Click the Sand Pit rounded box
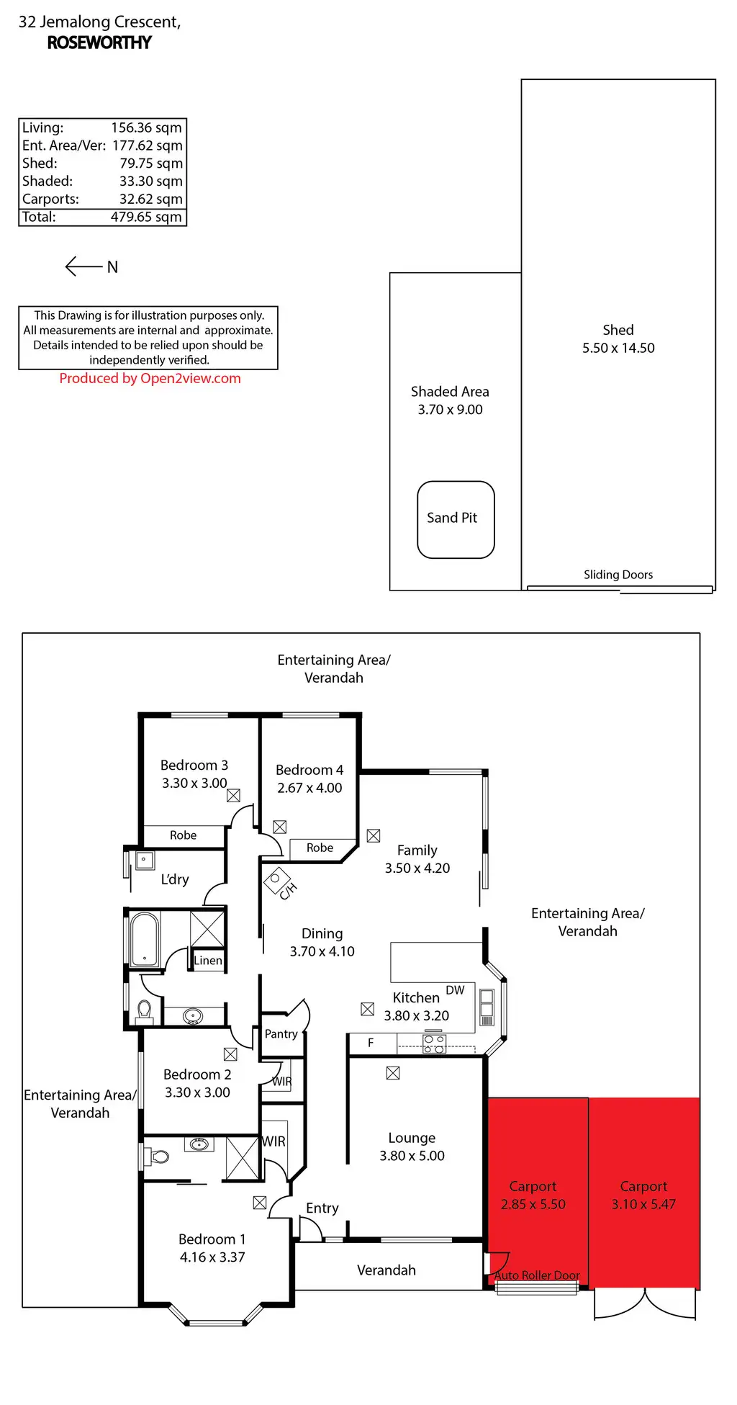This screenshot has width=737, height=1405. click(x=456, y=519)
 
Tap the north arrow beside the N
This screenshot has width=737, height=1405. click(x=83, y=266)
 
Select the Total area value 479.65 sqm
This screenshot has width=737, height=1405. click(x=146, y=217)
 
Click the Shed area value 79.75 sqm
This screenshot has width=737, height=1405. click(x=151, y=163)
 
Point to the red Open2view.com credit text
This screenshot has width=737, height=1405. click(x=150, y=378)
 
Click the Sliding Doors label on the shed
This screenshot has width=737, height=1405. click(x=618, y=575)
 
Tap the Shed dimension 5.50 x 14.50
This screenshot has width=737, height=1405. click(x=618, y=348)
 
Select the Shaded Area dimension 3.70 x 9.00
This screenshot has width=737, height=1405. click(x=450, y=410)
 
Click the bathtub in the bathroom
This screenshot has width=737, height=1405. click(x=145, y=939)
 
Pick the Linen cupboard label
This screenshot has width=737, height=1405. click(x=208, y=961)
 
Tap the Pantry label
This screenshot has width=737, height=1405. click(x=281, y=1034)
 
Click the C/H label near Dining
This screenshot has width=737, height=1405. click(x=287, y=891)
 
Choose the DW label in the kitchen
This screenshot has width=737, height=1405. click(x=455, y=990)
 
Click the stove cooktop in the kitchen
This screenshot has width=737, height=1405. click(x=434, y=1043)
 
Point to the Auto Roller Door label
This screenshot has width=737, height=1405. click(x=536, y=1275)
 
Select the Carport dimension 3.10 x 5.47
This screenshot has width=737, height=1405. click(x=643, y=1204)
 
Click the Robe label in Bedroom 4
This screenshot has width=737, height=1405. click(x=320, y=848)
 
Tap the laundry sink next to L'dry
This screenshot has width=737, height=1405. click(x=145, y=860)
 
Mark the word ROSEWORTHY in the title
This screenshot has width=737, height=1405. click(x=99, y=42)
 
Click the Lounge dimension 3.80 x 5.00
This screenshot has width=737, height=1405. click(x=412, y=1156)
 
